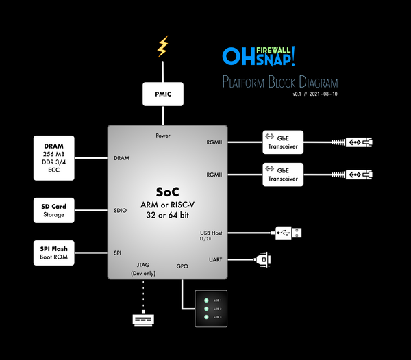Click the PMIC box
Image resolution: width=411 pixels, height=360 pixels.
(x=162, y=94)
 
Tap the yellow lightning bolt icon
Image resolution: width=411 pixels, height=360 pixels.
(x=162, y=47)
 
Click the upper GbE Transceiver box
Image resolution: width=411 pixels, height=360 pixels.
(x=283, y=142)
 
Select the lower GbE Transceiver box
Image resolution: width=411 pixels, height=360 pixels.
(x=283, y=175)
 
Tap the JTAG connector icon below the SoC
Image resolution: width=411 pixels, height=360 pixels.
(x=143, y=320)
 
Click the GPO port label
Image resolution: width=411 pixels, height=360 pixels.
(x=182, y=266)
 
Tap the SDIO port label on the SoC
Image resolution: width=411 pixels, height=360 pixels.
(x=121, y=211)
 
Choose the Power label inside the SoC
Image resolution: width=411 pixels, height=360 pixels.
(x=162, y=136)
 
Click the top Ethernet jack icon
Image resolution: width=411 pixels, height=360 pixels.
(x=361, y=142)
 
